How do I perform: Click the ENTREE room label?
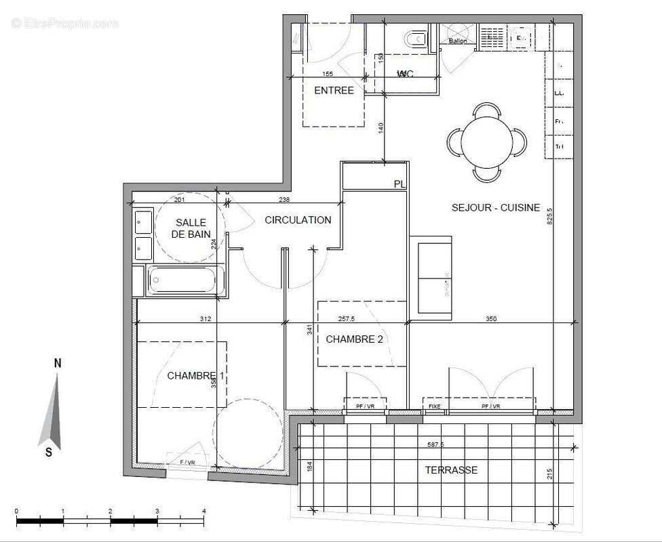[x=334, y=91]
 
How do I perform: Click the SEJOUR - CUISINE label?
[x=495, y=208]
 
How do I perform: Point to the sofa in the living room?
[x=434, y=278]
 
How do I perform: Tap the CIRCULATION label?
[x=298, y=220]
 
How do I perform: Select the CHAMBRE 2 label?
[x=354, y=339]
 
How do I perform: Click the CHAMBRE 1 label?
[x=195, y=376]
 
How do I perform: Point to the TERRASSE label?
[x=451, y=470]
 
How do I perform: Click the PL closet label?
[x=400, y=184]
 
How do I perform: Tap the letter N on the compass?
[x=58, y=363]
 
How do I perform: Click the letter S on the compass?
[x=49, y=453]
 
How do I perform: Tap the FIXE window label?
[x=434, y=406]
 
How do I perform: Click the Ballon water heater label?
[x=457, y=41]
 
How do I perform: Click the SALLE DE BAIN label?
[x=191, y=228]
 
